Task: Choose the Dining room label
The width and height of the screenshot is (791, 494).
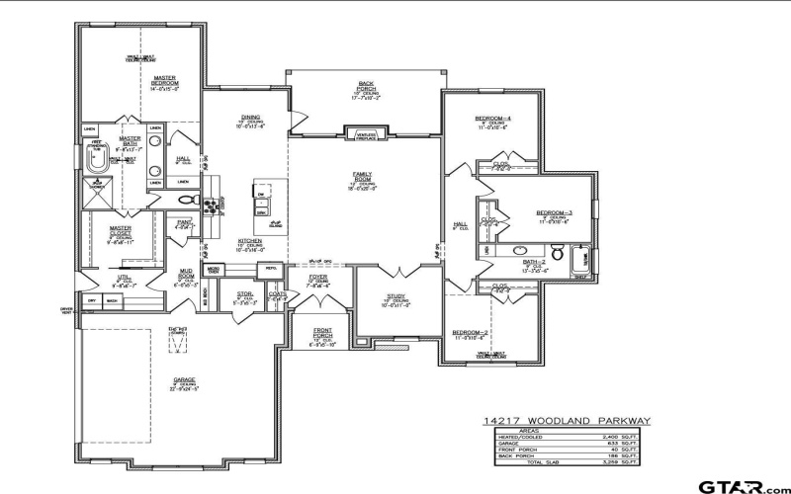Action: click(249, 123)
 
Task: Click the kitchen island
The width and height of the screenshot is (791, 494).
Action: click(263, 198)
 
